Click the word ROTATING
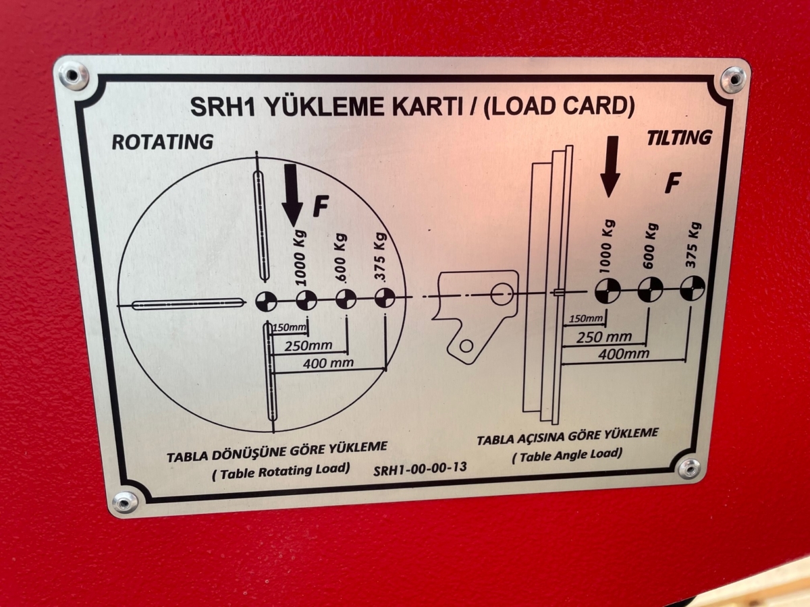[x=163, y=142]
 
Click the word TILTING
[x=679, y=138]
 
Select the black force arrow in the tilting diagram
[x=610, y=167]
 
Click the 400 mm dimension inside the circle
[x=328, y=364]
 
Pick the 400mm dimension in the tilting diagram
[x=624, y=354]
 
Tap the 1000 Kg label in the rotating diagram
[x=301, y=258]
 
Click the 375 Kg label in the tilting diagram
[x=693, y=245]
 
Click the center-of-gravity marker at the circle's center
[x=266, y=302]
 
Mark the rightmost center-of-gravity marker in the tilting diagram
[x=693, y=287]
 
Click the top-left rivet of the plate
[x=74, y=75]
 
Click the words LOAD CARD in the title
[x=559, y=107]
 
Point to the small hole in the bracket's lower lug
[x=466, y=346]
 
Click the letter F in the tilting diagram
[x=673, y=183]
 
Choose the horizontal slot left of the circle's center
[x=188, y=304]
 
